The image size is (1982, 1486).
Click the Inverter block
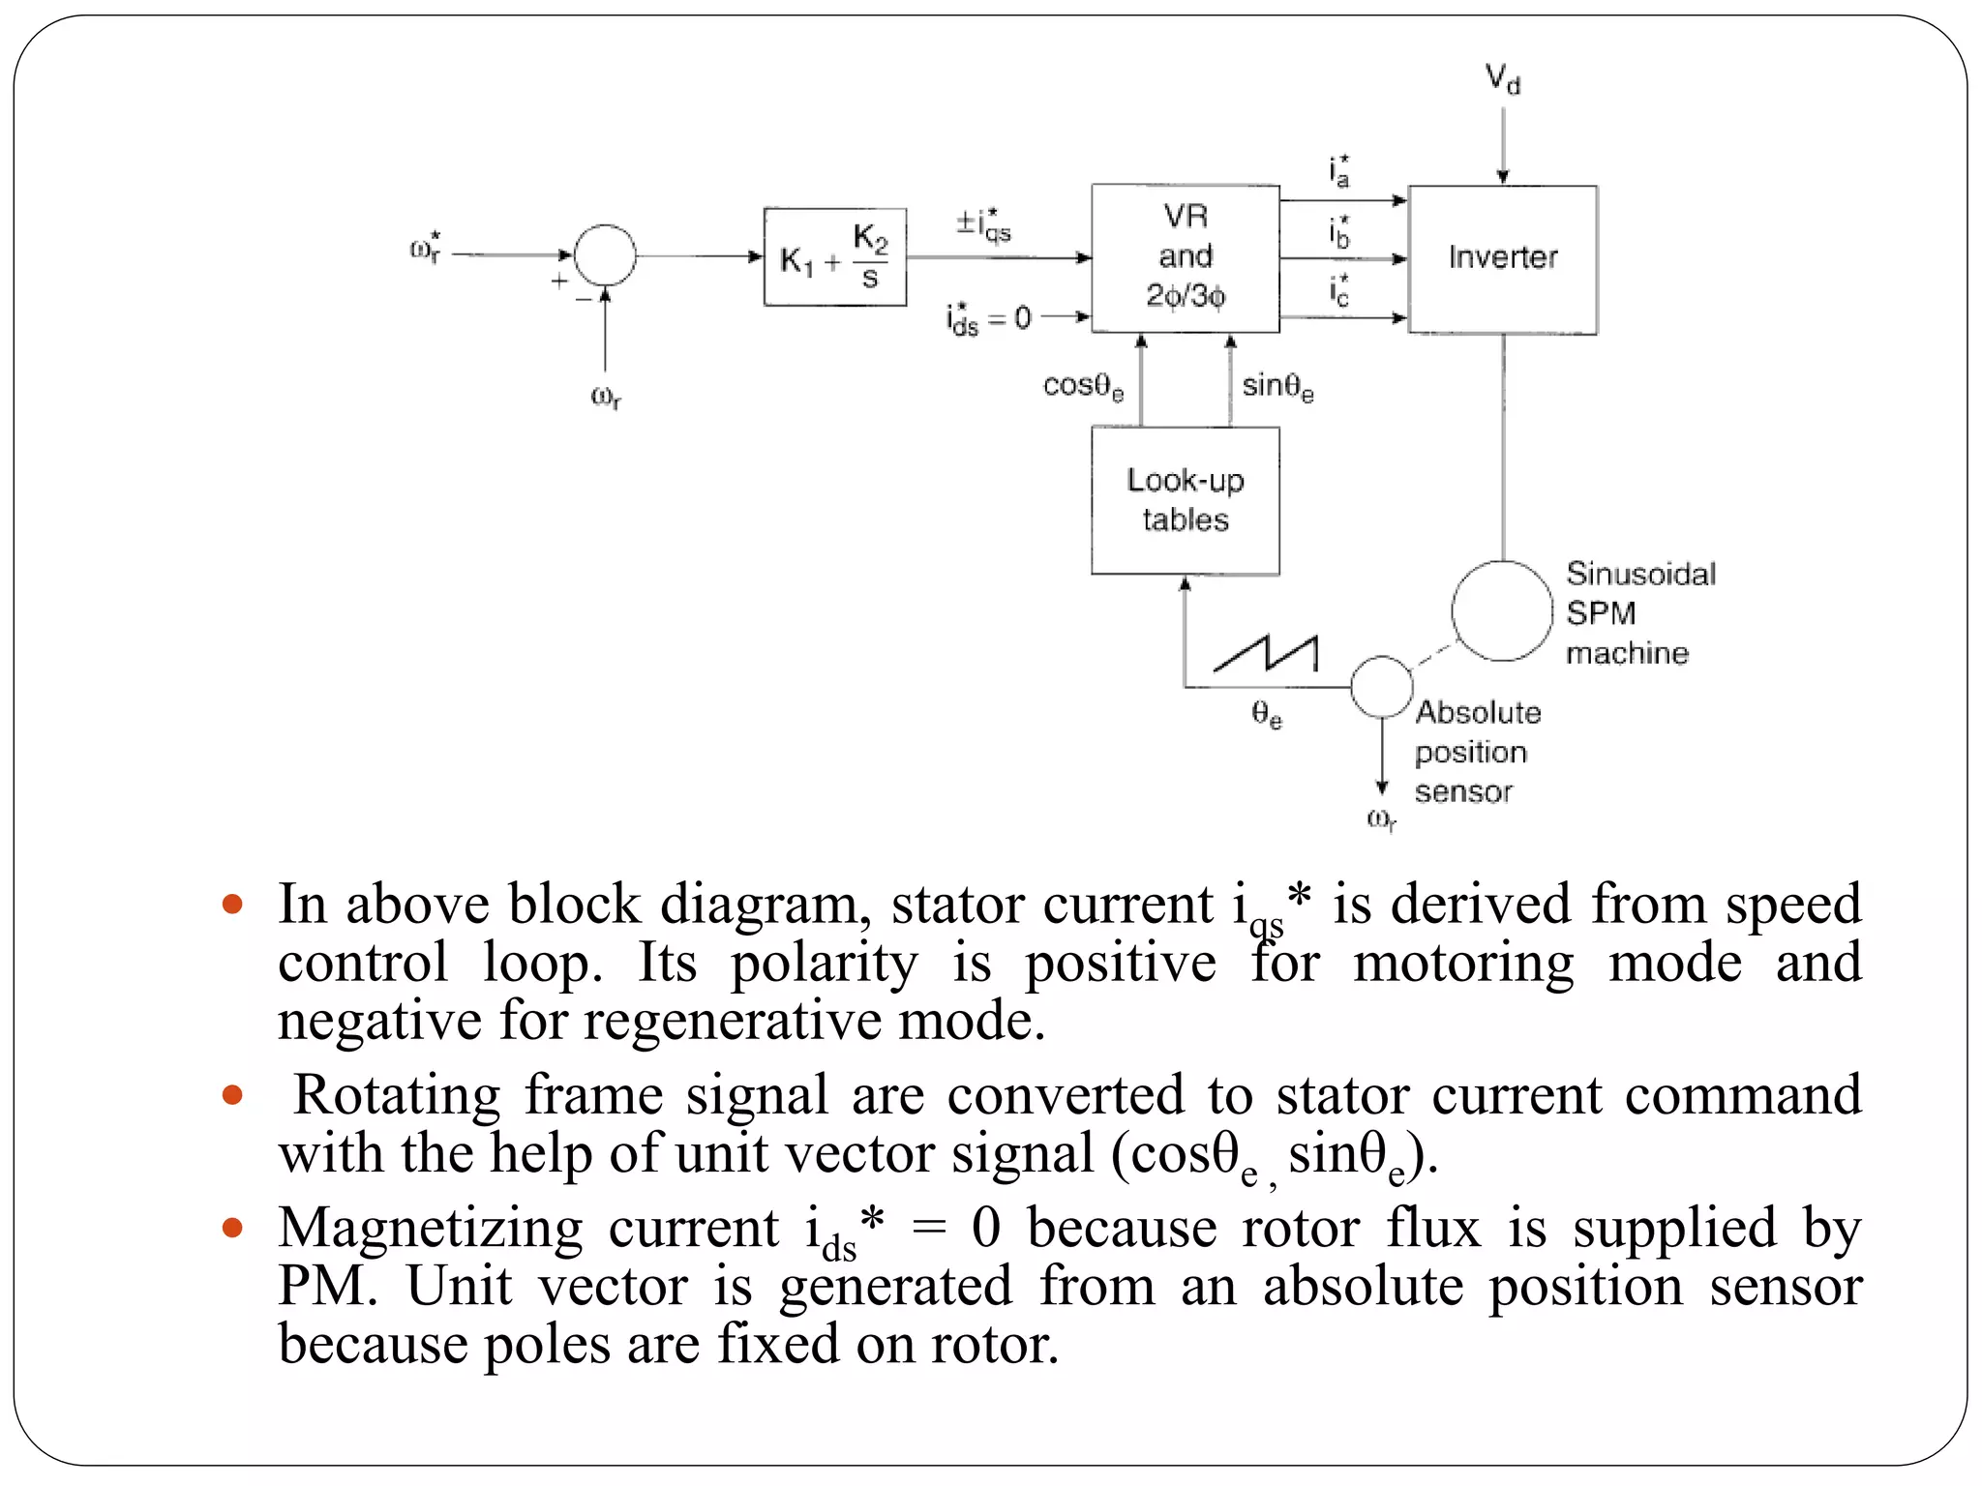coord(1502,259)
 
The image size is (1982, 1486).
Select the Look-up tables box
coord(1185,500)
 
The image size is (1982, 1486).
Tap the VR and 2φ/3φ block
coord(1185,257)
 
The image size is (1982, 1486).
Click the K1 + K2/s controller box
coord(834,257)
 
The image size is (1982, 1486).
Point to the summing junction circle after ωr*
coord(605,255)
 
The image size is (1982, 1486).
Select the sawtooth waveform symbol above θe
coord(1266,654)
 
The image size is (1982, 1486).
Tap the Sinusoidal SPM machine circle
coord(1501,610)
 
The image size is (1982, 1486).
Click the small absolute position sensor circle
coord(1381,687)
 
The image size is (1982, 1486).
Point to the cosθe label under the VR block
coord(1082,386)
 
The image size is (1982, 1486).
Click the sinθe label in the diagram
coord(1277,386)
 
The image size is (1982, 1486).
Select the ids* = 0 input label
coord(988,318)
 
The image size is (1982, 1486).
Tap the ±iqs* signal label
coord(983,224)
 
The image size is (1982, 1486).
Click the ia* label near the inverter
coord(1339,170)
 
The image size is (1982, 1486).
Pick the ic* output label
coord(1339,289)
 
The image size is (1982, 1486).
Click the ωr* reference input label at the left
coord(426,248)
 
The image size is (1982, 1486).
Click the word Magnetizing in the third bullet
coord(430,1229)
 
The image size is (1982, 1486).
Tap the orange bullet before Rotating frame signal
coord(231,1095)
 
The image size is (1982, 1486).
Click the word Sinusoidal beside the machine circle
coord(1640,574)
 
